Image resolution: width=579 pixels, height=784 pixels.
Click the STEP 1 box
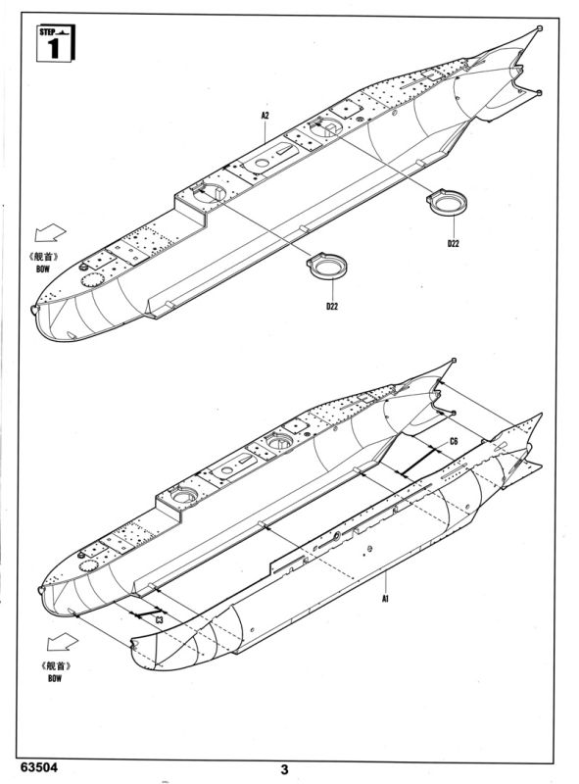pyautogui.click(x=56, y=43)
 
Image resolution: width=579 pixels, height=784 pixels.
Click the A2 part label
pyautogui.click(x=265, y=116)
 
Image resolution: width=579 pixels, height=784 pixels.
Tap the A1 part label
pyautogui.click(x=385, y=598)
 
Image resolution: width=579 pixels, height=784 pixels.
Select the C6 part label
pyautogui.click(x=454, y=442)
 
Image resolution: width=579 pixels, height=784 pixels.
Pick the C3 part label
pyautogui.click(x=159, y=620)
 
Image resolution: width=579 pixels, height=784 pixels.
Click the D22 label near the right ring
pyautogui.click(x=453, y=243)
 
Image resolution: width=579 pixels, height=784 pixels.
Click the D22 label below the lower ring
pyautogui.click(x=332, y=306)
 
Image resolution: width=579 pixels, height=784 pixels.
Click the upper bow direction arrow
pyautogui.click(x=50, y=232)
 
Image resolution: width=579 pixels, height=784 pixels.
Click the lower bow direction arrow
pyautogui.click(x=63, y=642)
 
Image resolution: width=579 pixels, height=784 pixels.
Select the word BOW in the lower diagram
pyautogui.click(x=55, y=678)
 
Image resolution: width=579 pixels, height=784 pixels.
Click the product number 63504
pyautogui.click(x=39, y=767)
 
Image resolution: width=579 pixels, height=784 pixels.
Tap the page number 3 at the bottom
pyautogui.click(x=284, y=769)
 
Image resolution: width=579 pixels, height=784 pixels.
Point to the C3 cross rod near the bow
pyautogui.click(x=146, y=612)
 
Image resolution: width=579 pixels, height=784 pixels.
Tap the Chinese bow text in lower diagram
pyautogui.click(x=56, y=666)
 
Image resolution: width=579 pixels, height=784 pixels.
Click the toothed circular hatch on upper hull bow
pyautogui.click(x=91, y=280)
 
